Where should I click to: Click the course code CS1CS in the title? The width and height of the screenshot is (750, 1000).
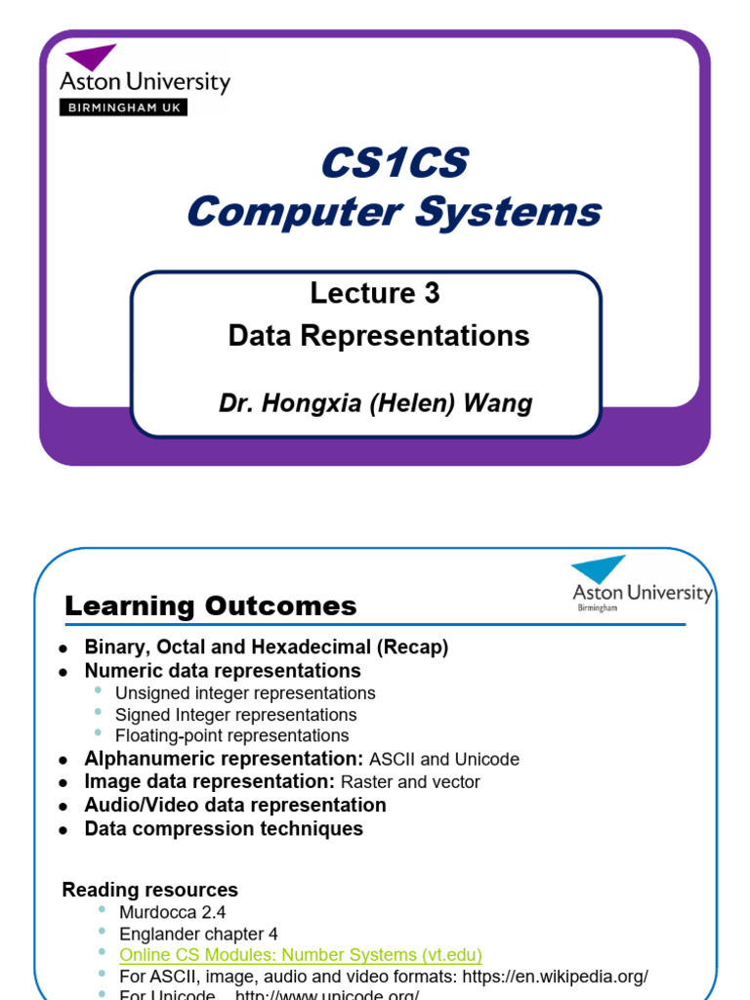(x=395, y=164)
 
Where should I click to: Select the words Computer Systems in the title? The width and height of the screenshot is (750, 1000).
(x=395, y=212)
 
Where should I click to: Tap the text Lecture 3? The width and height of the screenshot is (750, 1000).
(x=375, y=293)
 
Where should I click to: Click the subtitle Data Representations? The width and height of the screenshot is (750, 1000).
(x=379, y=336)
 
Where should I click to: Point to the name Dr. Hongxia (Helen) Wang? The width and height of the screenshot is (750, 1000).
(x=375, y=403)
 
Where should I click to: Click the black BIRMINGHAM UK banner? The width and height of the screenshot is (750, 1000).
(x=123, y=107)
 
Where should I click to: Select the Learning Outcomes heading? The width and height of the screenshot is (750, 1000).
(x=211, y=606)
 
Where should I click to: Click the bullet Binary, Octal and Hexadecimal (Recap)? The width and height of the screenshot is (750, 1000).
(x=267, y=647)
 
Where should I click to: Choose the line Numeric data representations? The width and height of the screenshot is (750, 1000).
(x=223, y=671)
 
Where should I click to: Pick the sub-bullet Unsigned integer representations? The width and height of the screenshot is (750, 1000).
(x=245, y=693)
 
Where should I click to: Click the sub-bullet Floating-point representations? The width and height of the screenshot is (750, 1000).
(x=231, y=735)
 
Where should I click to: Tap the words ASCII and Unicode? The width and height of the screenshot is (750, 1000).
(x=444, y=759)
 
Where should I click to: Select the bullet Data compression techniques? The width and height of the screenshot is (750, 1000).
(x=224, y=829)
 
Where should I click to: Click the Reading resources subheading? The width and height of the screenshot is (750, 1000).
(x=150, y=890)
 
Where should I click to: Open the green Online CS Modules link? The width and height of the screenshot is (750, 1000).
(x=301, y=954)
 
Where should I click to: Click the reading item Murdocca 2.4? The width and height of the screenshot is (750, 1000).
(x=173, y=912)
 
